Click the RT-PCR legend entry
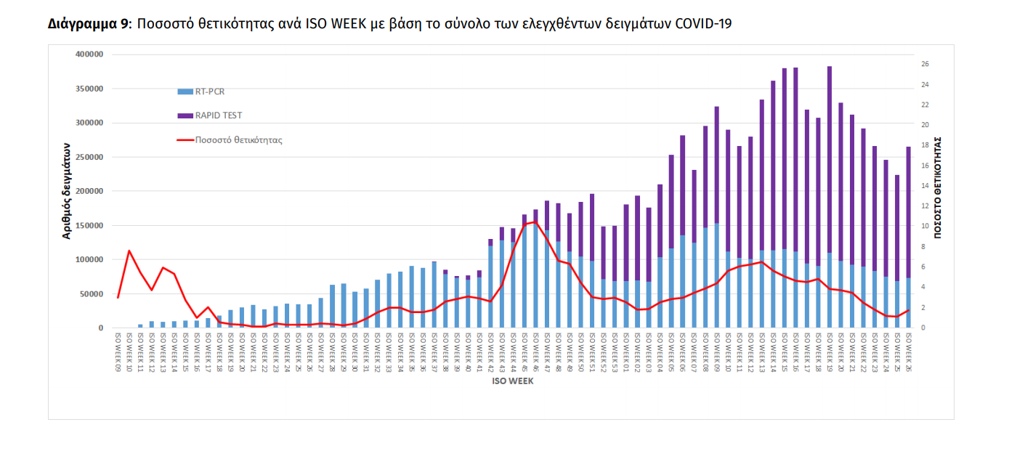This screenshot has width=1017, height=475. [209, 92]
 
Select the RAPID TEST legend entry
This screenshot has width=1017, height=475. [218, 115]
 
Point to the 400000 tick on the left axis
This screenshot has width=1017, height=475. [89, 54]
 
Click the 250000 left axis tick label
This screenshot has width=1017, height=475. [89, 157]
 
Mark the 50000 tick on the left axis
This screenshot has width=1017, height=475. [92, 294]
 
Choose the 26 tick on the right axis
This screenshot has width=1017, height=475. [925, 64]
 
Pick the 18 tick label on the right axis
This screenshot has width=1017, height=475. [925, 145]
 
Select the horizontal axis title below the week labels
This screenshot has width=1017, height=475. [514, 381]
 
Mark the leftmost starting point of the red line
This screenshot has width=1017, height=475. [118, 298]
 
